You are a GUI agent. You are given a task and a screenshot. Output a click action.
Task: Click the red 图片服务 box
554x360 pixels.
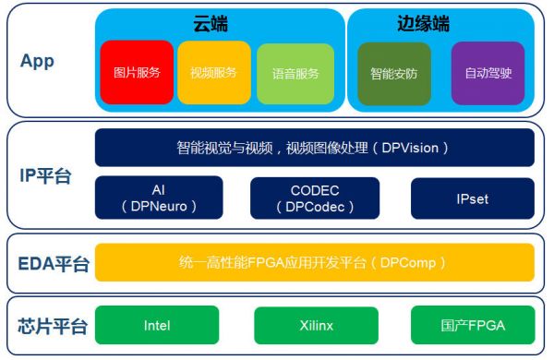(x=137, y=72)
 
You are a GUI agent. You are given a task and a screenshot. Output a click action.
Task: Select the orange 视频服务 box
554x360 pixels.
(x=213, y=72)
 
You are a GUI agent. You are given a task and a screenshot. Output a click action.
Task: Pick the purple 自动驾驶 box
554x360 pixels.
(x=488, y=72)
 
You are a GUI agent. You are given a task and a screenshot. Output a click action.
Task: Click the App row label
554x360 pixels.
(x=39, y=62)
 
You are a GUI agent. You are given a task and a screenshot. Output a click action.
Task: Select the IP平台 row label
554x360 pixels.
(x=45, y=176)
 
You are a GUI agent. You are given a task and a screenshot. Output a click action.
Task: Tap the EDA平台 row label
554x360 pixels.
(x=54, y=264)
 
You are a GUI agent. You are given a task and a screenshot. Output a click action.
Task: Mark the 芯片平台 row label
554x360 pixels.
(x=53, y=326)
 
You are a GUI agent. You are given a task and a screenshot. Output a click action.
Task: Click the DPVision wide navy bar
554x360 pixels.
(x=314, y=148)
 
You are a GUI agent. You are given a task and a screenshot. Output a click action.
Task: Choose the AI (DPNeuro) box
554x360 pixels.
(x=159, y=198)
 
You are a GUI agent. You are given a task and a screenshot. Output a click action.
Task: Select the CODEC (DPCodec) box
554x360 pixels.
(x=315, y=198)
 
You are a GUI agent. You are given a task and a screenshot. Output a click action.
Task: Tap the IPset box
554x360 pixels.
(x=472, y=198)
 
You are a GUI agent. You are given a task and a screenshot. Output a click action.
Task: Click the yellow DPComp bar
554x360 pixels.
(x=314, y=263)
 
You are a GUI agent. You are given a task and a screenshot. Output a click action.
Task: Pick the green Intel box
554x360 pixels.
(x=158, y=325)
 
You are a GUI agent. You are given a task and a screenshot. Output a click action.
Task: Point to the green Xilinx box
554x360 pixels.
(x=315, y=325)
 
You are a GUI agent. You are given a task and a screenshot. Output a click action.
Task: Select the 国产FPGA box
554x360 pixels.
(x=473, y=325)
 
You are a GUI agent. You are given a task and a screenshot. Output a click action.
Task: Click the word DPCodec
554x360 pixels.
(x=315, y=207)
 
